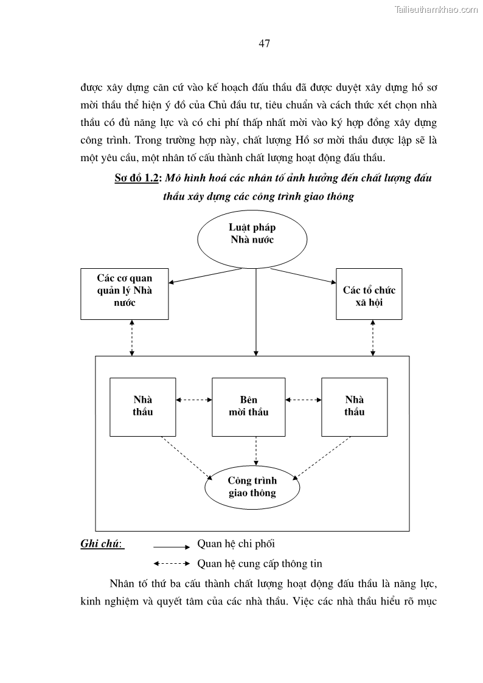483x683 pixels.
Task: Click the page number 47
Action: click(x=264, y=43)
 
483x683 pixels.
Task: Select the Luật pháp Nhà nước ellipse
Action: click(x=252, y=234)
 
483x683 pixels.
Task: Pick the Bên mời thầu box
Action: click(x=248, y=406)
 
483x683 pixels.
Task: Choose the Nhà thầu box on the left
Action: click(x=142, y=406)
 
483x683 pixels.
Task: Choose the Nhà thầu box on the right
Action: click(x=354, y=406)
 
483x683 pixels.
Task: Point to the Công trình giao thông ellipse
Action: click(x=252, y=487)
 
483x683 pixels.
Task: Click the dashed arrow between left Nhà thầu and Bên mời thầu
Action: click(x=193, y=400)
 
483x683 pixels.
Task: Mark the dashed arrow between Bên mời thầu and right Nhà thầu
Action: click(x=303, y=400)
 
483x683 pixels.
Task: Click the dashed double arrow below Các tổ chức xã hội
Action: click(x=373, y=338)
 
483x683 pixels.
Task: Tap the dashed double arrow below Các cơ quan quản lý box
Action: click(x=132, y=338)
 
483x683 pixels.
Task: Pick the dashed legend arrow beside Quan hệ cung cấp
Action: click(x=172, y=563)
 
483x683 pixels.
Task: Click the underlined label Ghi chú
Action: click(x=102, y=544)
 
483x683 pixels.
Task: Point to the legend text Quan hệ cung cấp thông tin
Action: click(x=260, y=563)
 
